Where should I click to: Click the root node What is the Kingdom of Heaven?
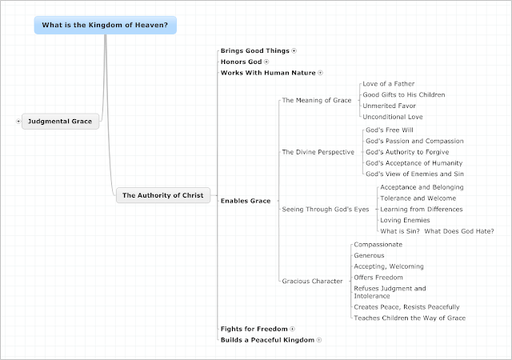pos(105,25)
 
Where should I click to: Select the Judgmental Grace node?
pos(60,121)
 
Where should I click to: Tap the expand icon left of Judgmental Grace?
pos(18,121)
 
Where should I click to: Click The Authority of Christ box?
pos(163,195)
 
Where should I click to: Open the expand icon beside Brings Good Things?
pos(294,51)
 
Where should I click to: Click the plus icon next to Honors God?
pos(266,62)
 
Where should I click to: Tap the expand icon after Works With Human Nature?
pos(320,73)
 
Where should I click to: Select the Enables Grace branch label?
pos(246,201)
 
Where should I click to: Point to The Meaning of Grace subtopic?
pos(317,100)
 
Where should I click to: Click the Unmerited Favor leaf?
pos(390,106)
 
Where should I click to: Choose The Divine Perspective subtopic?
pos(318,152)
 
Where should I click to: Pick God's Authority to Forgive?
pos(407,152)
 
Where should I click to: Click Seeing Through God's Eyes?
pos(326,209)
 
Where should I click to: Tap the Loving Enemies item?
pos(405,220)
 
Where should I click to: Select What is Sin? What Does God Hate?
pos(437,231)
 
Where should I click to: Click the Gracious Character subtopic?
pos(313,281)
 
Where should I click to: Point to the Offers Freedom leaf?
pos(378,278)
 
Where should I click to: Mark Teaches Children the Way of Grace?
pos(410,318)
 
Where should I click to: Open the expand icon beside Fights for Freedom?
pos(292,329)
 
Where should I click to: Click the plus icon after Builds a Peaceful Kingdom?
pos(319,340)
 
